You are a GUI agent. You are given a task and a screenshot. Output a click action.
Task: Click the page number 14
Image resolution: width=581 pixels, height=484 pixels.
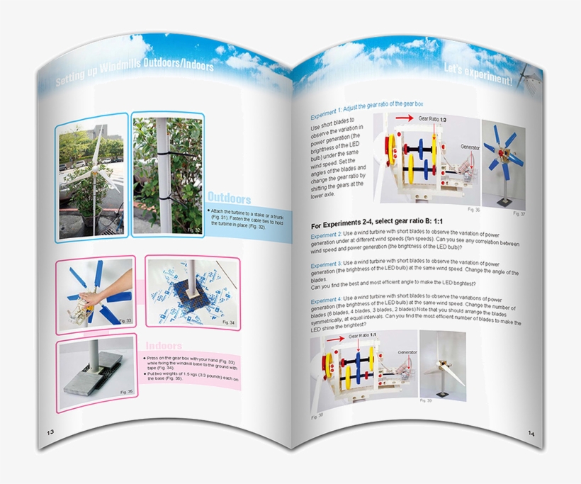pyautogui.click(x=531, y=433)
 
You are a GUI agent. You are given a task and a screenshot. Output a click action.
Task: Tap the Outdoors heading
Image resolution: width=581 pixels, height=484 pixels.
pyautogui.click(x=229, y=198)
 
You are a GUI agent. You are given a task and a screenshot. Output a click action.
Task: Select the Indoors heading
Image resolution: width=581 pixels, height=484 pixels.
pyautogui.click(x=164, y=346)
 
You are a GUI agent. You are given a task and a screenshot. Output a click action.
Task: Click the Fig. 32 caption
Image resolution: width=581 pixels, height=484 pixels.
pyautogui.click(x=193, y=230)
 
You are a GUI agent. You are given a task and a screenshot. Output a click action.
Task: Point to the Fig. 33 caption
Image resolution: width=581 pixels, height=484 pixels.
pyautogui.click(x=125, y=321)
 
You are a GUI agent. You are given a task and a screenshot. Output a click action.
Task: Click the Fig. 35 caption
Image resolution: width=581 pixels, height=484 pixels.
pyautogui.click(x=125, y=391)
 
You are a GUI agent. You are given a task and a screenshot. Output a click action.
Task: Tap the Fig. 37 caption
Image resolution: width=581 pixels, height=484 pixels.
pyautogui.click(x=519, y=213)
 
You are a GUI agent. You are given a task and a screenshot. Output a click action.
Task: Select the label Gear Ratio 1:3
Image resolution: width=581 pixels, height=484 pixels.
pyautogui.click(x=433, y=120)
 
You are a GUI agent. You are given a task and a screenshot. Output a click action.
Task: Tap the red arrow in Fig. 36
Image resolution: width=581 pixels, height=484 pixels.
pyautogui.click(x=404, y=118)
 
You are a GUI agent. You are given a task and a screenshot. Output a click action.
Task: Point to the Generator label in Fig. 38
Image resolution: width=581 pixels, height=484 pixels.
pyautogui.click(x=407, y=351)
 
